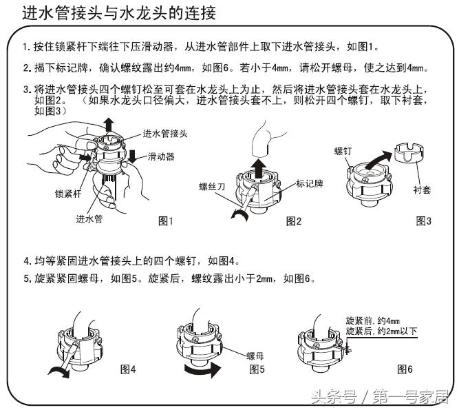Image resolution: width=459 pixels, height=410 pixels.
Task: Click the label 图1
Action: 167,221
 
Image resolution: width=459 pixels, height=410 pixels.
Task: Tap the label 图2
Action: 294,221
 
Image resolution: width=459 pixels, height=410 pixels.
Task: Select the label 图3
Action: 423,221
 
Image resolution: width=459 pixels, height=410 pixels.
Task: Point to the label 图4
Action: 128,369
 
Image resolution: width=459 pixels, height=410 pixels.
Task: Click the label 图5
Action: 257,369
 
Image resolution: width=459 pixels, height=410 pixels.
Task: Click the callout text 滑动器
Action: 160,157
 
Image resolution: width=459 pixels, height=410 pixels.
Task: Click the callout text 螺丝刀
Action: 213,185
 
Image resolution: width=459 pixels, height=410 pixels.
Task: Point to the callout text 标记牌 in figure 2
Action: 310,184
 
